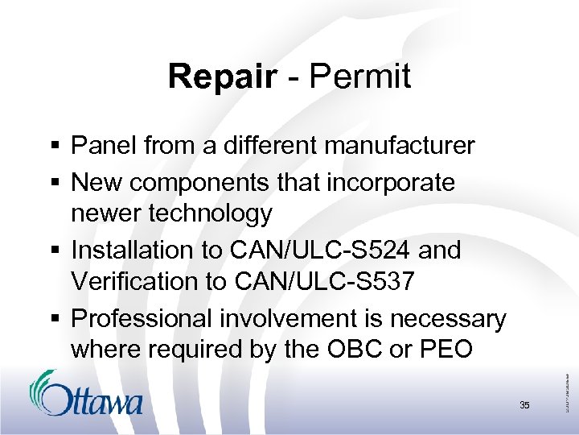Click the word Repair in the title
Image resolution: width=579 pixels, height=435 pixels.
222,77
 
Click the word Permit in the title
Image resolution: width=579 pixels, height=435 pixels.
360,77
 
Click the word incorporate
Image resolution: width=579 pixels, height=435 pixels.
391,182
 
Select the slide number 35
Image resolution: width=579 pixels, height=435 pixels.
524,405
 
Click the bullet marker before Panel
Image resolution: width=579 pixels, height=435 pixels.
53,147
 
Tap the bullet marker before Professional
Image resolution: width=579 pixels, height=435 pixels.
53,320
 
